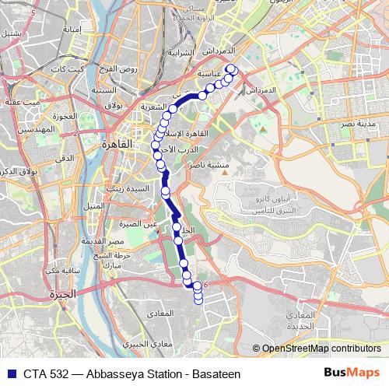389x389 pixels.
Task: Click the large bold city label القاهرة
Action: pyautogui.click(x=116, y=145)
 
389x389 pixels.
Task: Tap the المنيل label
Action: pyautogui.click(x=93, y=205)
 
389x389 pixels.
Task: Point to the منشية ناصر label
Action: pyautogui.click(x=209, y=165)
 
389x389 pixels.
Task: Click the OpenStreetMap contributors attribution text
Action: pyautogui.click(x=319, y=349)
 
